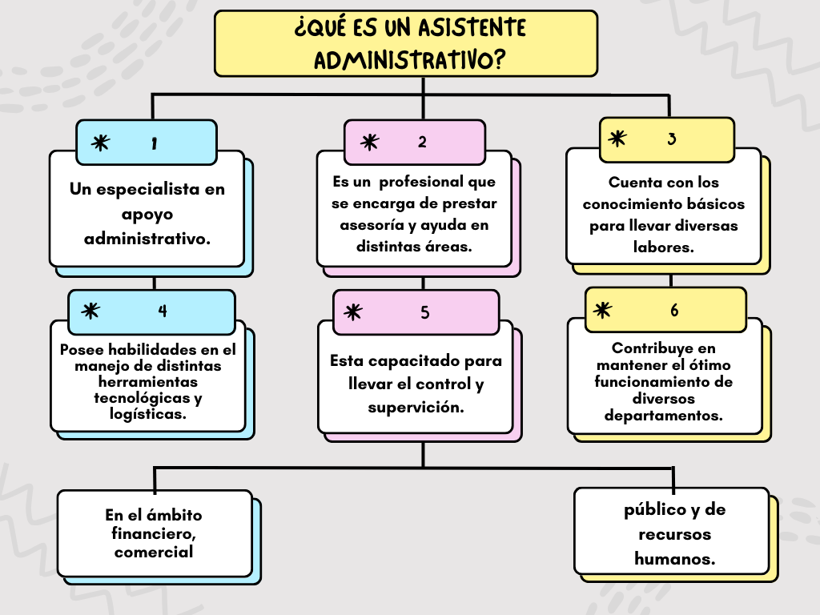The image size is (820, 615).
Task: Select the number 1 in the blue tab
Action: point(154,143)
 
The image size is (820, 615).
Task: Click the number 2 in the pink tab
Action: point(422,142)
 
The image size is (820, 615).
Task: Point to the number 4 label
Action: point(163,311)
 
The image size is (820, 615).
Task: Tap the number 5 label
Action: point(425,312)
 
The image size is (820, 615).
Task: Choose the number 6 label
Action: point(674,310)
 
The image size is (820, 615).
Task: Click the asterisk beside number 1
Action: point(100,143)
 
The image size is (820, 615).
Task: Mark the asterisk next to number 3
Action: point(617,139)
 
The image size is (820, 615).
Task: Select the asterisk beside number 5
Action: point(352,312)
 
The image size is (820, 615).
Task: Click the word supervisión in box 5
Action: point(416,408)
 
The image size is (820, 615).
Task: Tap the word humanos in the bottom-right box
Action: point(674,559)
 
